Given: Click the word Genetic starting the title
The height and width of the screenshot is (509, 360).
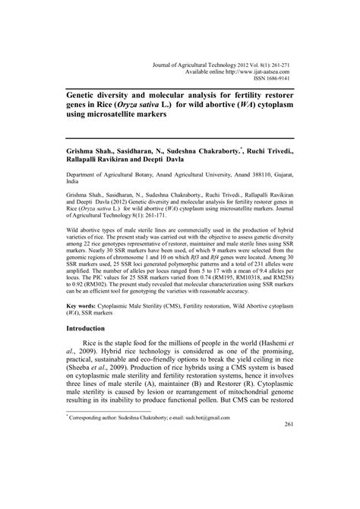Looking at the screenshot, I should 86,88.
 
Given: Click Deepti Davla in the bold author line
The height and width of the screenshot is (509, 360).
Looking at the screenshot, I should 170,162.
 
